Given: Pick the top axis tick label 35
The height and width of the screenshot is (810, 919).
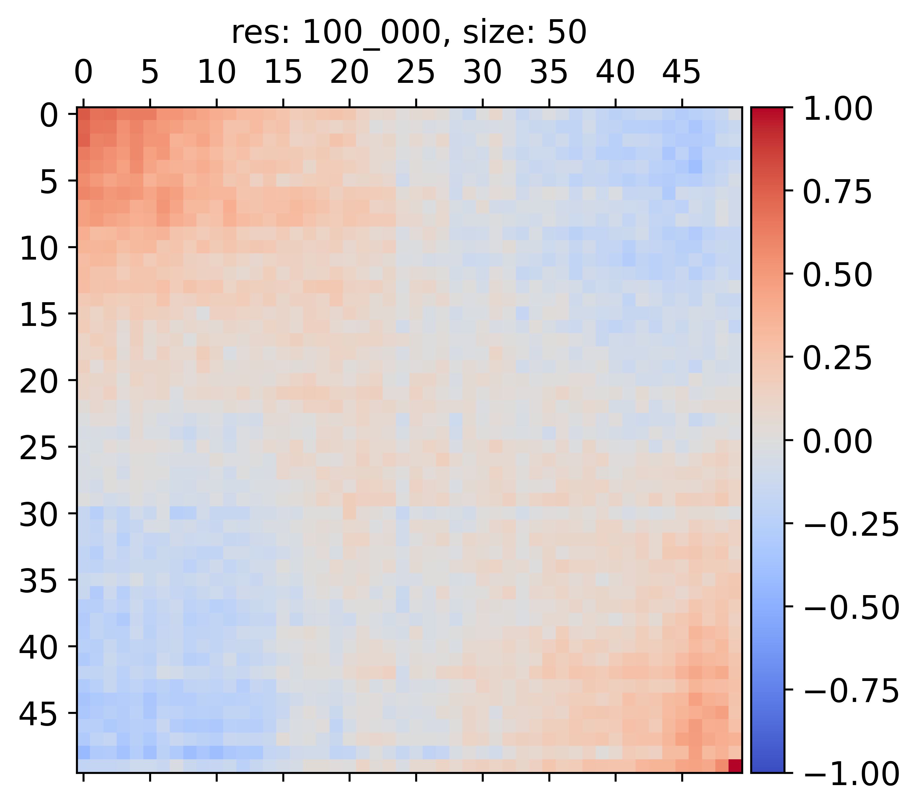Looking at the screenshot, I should tap(549, 72).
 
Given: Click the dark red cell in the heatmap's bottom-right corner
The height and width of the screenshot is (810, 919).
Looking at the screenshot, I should tap(735, 766).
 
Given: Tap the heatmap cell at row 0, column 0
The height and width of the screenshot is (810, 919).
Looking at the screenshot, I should tap(84, 114).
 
